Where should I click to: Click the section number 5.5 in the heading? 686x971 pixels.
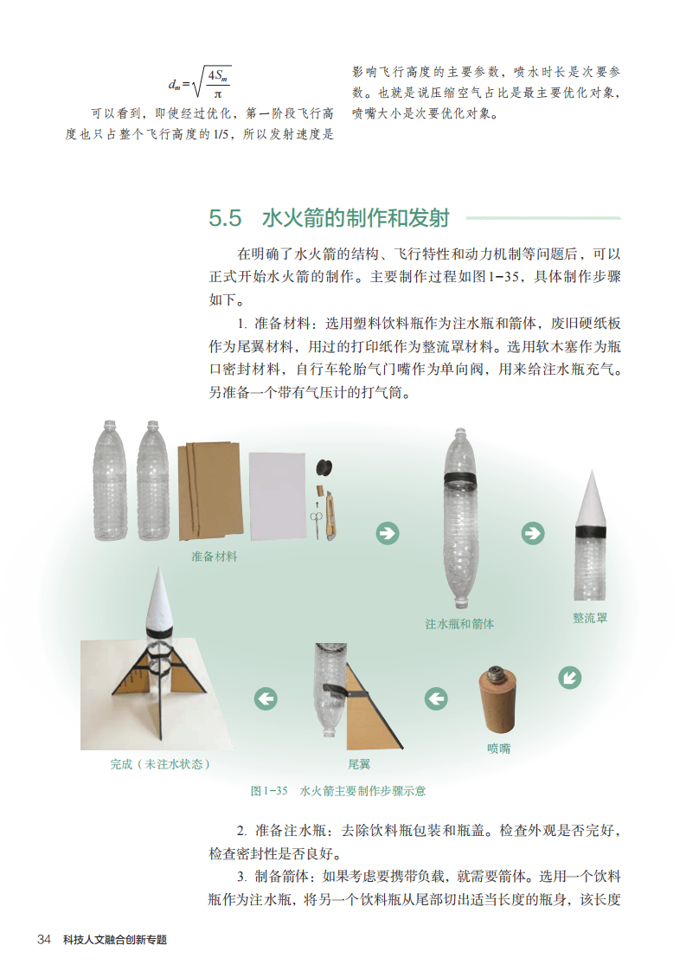click(225, 218)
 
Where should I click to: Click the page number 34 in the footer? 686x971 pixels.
click(44, 940)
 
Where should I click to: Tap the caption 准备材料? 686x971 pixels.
click(215, 556)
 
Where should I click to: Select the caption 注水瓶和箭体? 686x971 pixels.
click(459, 624)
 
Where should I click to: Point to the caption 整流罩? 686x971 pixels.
click(590, 617)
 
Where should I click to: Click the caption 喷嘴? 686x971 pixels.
click(499, 748)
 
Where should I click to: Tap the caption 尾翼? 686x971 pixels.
click(359, 764)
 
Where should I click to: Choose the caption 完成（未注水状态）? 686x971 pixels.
click(160, 764)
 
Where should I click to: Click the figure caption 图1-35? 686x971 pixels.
click(269, 791)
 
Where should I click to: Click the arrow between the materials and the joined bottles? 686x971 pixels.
click(388, 533)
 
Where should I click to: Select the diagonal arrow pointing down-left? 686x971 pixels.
click(569, 677)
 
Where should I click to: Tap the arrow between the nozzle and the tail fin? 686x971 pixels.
click(437, 698)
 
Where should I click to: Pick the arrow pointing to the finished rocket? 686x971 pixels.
click(266, 698)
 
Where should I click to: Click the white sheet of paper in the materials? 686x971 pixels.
click(278, 496)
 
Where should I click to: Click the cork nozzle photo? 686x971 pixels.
click(497, 700)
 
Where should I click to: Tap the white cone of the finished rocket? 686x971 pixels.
click(158, 598)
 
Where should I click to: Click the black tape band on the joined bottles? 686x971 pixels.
click(460, 479)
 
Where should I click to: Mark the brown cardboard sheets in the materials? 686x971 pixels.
click(209, 491)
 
